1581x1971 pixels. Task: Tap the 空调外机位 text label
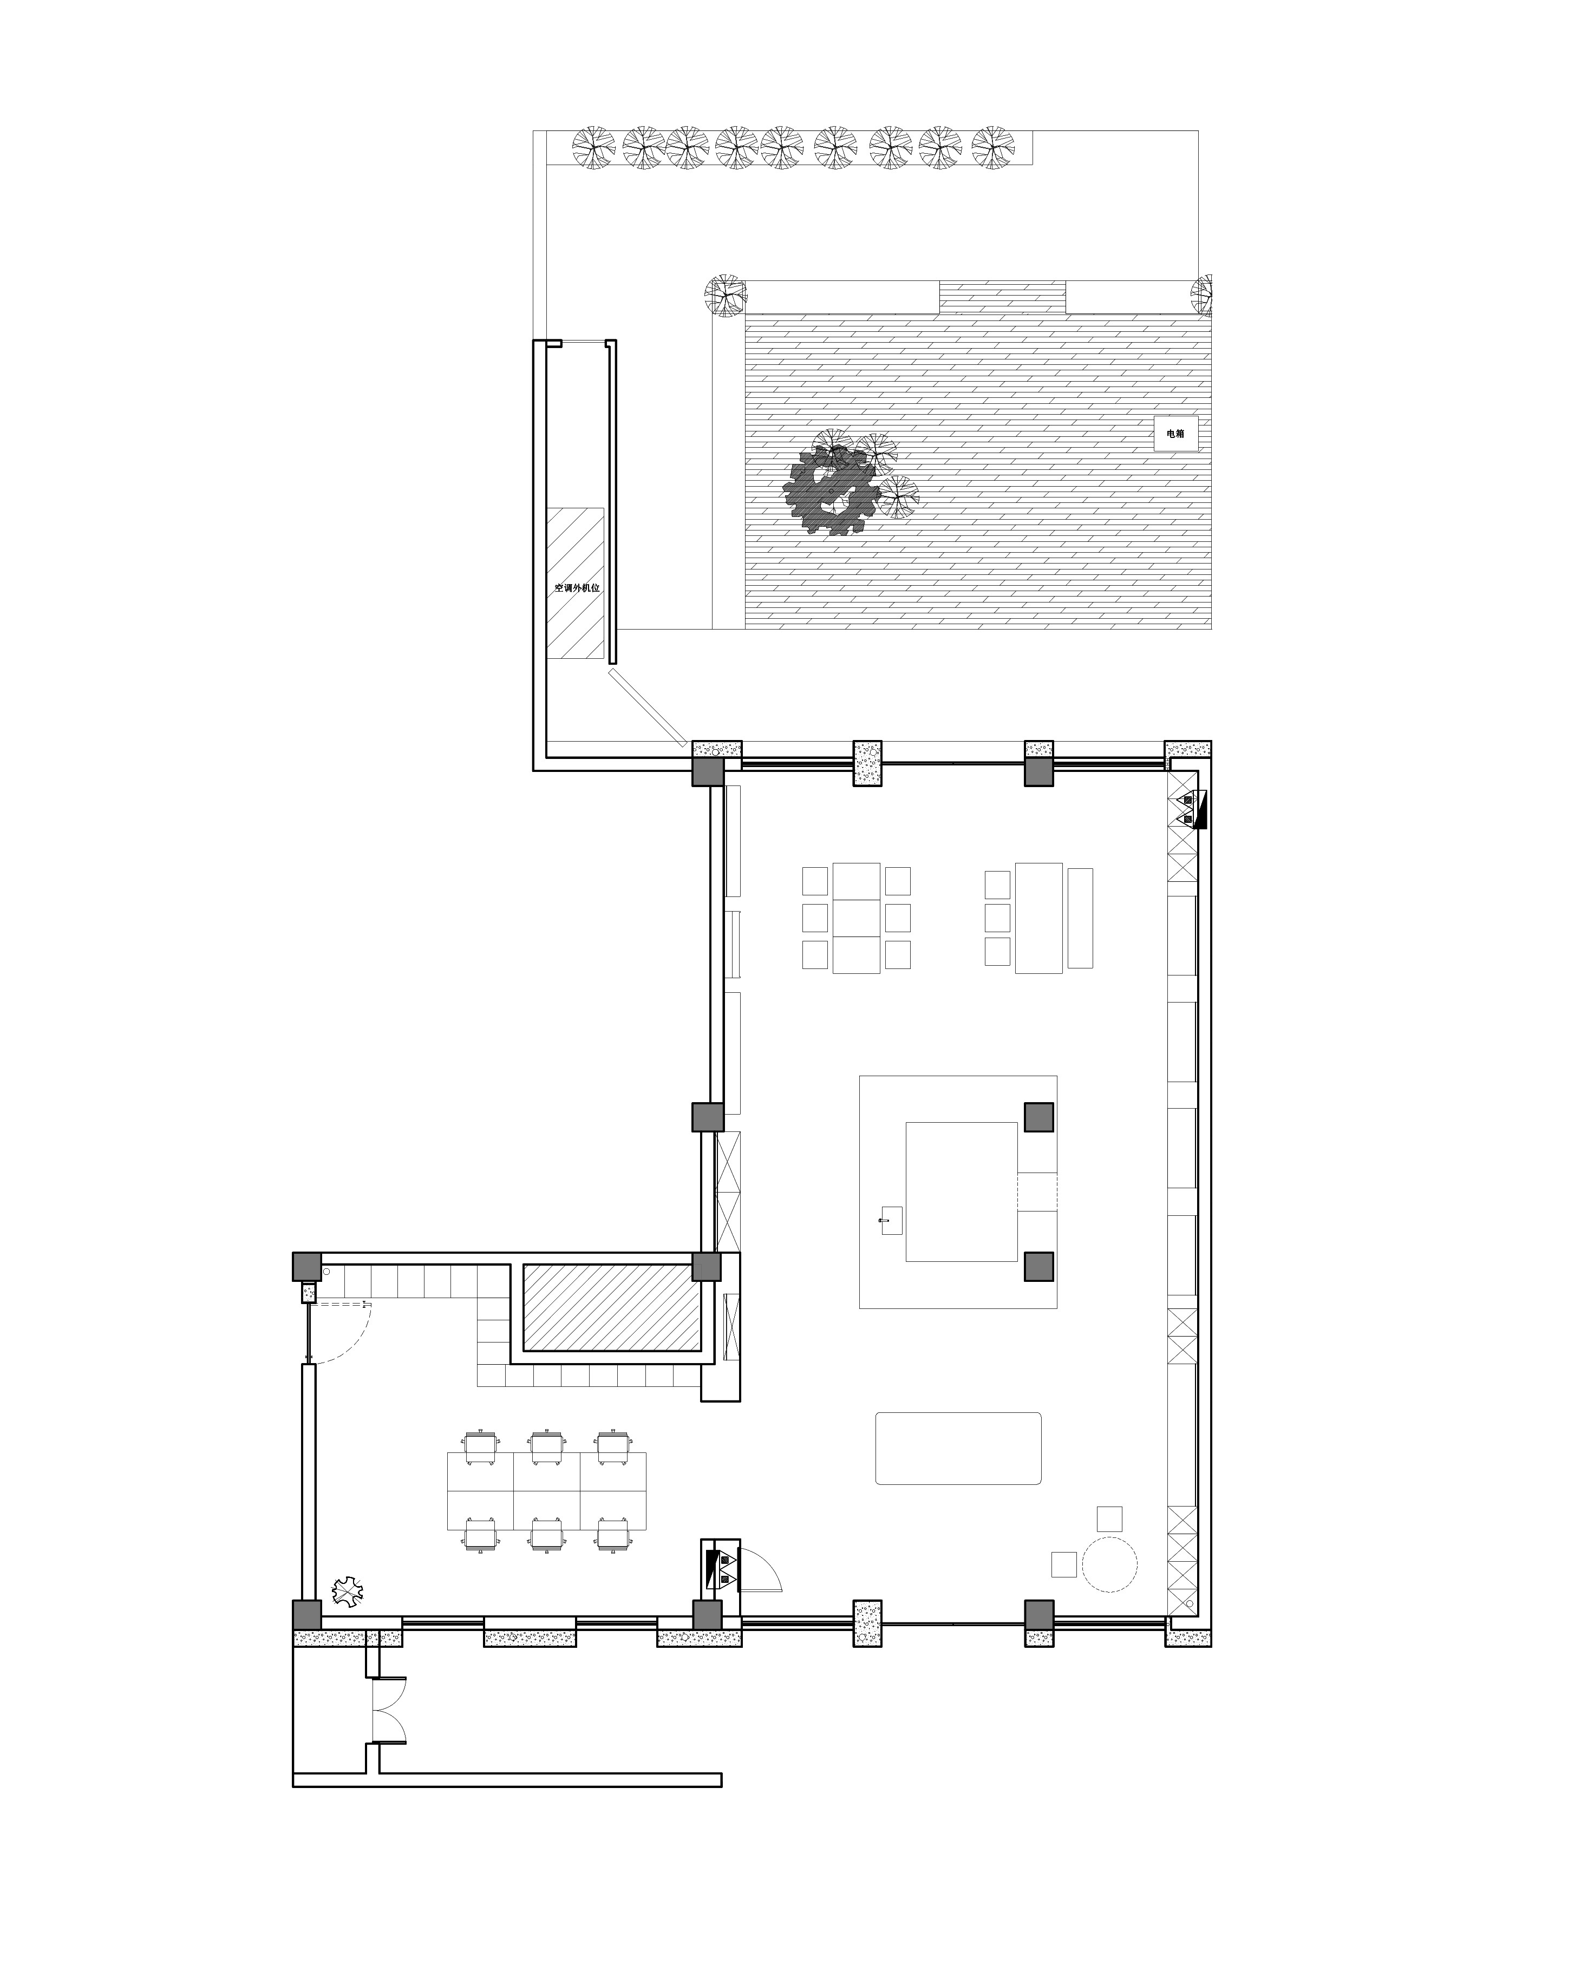(577, 588)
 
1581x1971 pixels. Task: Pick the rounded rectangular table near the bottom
(957, 1448)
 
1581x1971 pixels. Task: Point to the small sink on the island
(886, 1221)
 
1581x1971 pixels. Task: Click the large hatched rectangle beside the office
(611, 1307)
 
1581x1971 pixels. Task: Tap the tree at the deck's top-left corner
(725, 295)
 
